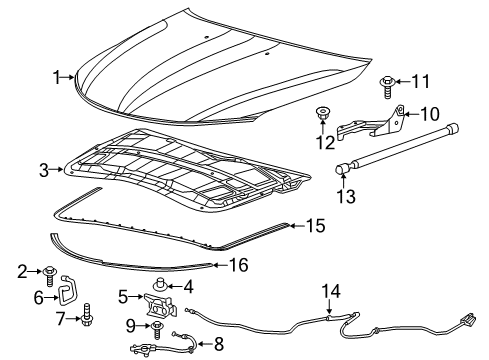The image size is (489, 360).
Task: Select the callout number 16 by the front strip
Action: pyautogui.click(x=237, y=265)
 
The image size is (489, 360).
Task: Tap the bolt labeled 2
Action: pyautogui.click(x=49, y=271)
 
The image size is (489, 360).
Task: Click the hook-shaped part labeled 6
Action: pyautogui.click(x=68, y=295)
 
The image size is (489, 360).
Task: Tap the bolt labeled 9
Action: pyautogui.click(x=157, y=325)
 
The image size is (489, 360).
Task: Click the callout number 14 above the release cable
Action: pyautogui.click(x=331, y=290)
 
